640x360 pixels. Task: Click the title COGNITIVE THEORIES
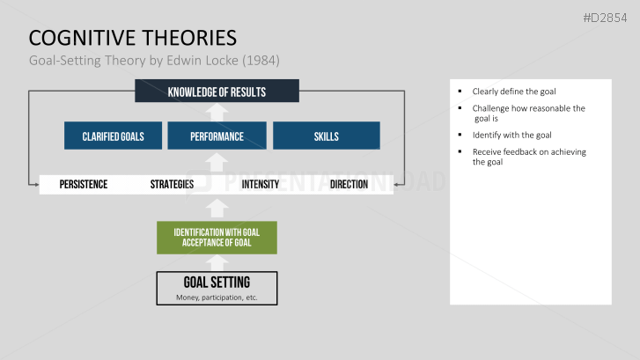pos(132,38)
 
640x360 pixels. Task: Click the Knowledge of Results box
pos(217,92)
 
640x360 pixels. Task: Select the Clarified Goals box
pos(113,136)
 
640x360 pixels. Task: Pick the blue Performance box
pos(217,136)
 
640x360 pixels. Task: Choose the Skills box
pos(326,136)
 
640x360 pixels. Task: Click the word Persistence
pos(84,185)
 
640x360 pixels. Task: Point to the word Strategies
pos(173,185)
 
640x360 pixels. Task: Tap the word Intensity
pos(260,185)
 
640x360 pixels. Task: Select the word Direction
pos(349,185)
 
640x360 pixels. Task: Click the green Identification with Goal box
pos(217,238)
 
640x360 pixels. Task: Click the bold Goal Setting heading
pos(217,283)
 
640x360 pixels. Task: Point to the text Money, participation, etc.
pos(217,298)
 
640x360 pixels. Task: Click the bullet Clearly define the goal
pos(513,92)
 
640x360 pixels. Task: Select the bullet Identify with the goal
pos(511,135)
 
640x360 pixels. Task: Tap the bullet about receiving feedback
pos(528,157)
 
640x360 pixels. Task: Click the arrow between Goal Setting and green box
pos(217,262)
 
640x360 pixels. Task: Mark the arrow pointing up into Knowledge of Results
pos(217,112)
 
